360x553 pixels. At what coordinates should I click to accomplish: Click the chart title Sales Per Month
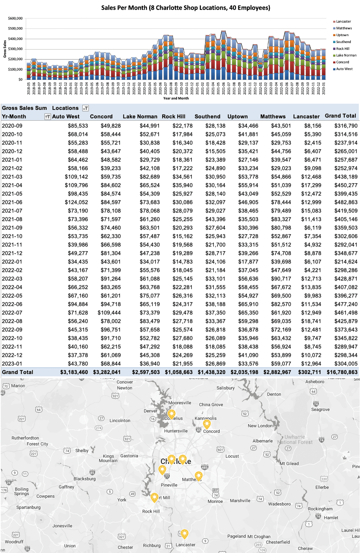(x=186, y=8)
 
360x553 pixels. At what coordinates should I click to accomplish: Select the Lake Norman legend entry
(x=346, y=55)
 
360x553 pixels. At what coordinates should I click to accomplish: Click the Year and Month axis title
(x=176, y=98)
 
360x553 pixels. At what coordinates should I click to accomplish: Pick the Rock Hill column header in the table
(x=174, y=116)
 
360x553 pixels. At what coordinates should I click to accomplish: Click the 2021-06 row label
(x=12, y=202)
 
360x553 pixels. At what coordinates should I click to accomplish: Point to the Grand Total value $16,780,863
(x=342, y=372)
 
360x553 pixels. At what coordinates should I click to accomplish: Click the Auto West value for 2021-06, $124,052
(x=76, y=202)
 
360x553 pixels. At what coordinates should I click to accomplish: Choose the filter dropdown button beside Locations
(x=86, y=108)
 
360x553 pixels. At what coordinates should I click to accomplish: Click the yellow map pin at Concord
(x=207, y=424)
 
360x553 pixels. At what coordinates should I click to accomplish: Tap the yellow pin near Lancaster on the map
(x=184, y=534)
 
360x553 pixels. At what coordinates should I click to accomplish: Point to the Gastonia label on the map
(x=129, y=456)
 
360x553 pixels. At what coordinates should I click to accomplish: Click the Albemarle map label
(x=263, y=441)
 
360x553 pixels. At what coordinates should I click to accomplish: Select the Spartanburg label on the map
(x=28, y=507)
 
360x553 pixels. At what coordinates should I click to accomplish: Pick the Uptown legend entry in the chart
(x=342, y=35)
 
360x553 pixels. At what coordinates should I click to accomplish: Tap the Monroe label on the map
(x=215, y=501)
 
